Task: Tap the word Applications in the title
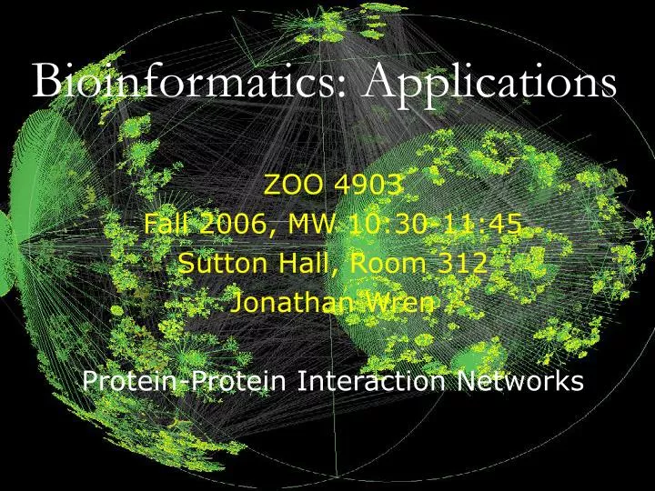[490, 84]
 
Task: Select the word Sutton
[217, 264]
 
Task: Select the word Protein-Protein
[186, 381]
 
